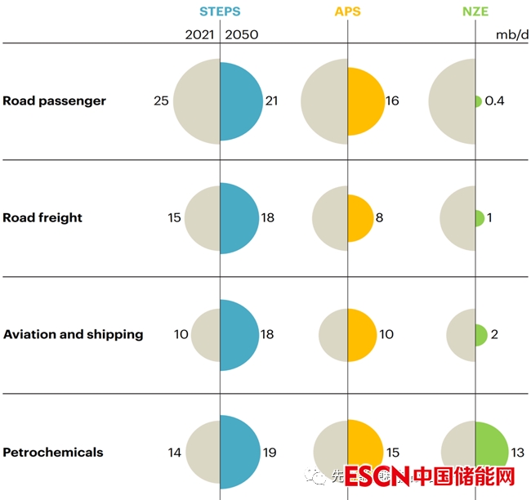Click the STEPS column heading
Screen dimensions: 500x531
pyautogui.click(x=220, y=11)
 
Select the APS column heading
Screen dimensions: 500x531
pyautogui.click(x=347, y=11)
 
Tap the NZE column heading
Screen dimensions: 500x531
pyautogui.click(x=475, y=11)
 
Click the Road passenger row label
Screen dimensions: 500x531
pyautogui.click(x=55, y=101)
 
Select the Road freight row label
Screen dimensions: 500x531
pyautogui.click(x=42, y=218)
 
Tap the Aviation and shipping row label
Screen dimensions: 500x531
pyautogui.click(x=74, y=334)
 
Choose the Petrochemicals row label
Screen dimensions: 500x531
pyautogui.click(x=53, y=452)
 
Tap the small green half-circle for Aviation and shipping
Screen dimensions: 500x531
pyautogui.click(x=481, y=334)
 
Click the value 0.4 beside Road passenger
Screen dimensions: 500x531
pyautogui.click(x=494, y=101)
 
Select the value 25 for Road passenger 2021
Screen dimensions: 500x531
pyautogui.click(x=161, y=101)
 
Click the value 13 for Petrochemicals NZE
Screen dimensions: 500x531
pyautogui.click(x=517, y=452)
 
